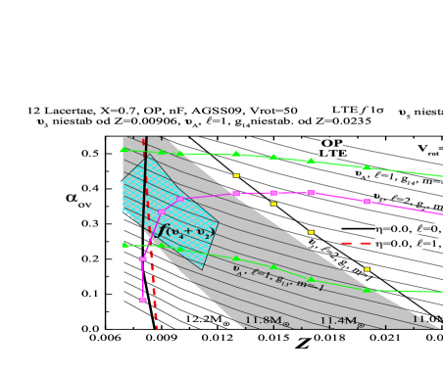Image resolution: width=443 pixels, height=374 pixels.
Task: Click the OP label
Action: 331,143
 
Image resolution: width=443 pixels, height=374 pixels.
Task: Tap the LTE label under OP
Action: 332,154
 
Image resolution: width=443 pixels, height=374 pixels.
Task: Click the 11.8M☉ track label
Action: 267,320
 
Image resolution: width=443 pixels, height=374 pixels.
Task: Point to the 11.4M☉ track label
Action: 342,320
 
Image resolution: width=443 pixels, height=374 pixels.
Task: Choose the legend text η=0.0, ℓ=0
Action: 408,228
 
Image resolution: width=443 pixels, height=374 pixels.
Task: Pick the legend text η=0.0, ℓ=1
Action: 408,243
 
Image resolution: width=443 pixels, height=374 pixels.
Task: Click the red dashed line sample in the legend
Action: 355,243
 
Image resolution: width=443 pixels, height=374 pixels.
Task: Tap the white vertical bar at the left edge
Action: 118,226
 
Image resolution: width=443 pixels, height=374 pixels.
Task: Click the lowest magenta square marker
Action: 143,301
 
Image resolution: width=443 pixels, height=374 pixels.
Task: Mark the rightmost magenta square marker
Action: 367,202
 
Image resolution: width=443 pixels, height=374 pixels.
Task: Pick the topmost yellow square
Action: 236,175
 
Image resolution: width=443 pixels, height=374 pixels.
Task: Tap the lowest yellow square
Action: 367,268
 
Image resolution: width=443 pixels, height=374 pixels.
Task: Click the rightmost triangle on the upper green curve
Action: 367,167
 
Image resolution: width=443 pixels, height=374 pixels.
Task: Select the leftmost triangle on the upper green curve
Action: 123,150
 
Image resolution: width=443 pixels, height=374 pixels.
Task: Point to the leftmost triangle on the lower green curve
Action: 123,245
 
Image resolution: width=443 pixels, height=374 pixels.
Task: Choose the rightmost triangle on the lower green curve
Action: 367,290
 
